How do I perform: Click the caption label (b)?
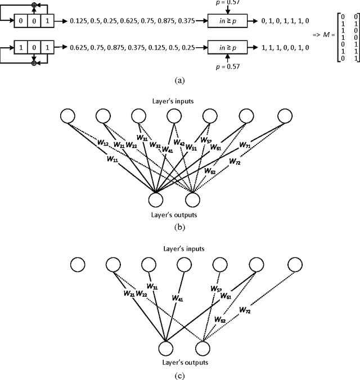click(x=179, y=228)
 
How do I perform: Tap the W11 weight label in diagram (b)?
click(x=112, y=159)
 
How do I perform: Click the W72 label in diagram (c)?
click(x=246, y=309)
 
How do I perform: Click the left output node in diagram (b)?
click(x=155, y=200)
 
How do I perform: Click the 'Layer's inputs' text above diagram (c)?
click(x=180, y=248)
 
